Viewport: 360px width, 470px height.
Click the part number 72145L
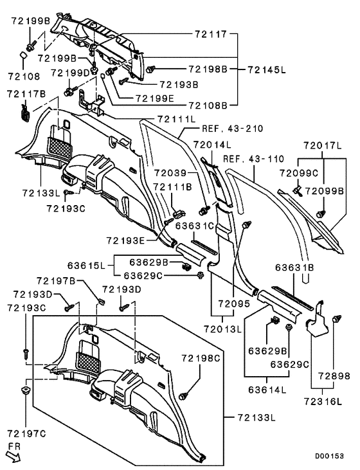point(267,70)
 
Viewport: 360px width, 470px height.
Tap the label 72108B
point(208,105)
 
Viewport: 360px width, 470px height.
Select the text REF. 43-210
point(233,129)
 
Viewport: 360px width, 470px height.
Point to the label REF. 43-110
point(253,159)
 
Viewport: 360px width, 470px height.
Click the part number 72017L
point(322,146)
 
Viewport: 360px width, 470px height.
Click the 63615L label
point(86,266)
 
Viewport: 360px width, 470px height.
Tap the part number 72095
point(234,303)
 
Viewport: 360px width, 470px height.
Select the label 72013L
point(222,329)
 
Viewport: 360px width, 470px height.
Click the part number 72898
point(334,375)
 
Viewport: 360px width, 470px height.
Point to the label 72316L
point(323,401)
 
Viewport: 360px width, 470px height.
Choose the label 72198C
point(201,358)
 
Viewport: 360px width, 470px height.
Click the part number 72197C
point(26,433)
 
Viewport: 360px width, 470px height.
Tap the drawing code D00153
point(329,456)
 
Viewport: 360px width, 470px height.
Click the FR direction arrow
point(14,457)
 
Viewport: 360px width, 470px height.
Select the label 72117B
point(26,94)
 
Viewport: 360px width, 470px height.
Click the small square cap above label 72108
point(23,56)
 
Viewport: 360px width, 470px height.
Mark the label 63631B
point(294,267)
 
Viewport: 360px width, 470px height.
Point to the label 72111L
point(176,119)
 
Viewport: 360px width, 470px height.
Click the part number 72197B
point(56,281)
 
